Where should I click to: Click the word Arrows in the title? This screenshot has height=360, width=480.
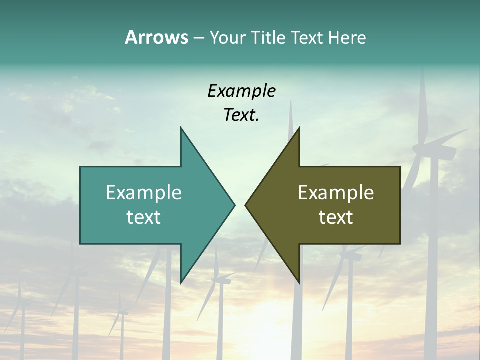[x=156, y=37]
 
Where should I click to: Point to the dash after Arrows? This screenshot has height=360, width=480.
[x=198, y=38]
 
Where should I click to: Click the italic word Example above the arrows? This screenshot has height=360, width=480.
[x=242, y=91]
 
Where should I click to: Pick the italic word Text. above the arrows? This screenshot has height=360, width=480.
[x=241, y=115]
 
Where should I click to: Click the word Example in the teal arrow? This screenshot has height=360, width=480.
[x=144, y=193]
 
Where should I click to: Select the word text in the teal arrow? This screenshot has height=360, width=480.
[x=144, y=217]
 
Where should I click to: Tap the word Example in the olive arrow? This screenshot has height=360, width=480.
[x=336, y=193]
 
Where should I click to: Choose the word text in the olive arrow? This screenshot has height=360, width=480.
[x=336, y=217]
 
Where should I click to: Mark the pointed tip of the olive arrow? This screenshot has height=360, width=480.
[x=246, y=205]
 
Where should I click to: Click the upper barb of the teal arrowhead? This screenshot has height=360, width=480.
[x=182, y=131]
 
